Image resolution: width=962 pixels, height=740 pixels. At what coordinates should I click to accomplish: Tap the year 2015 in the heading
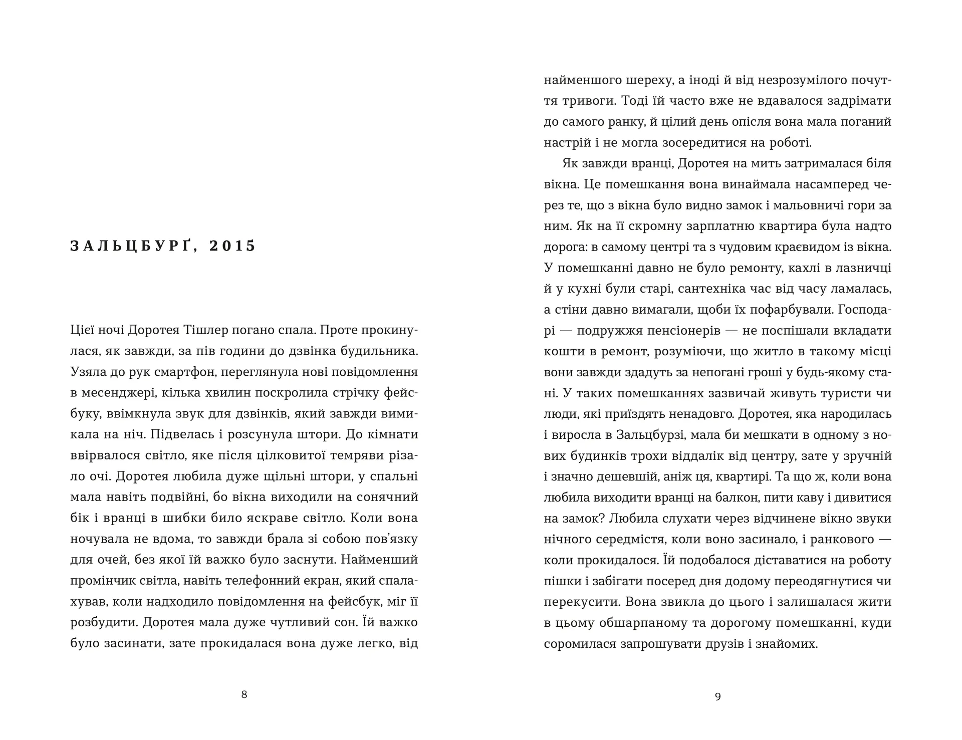(x=232, y=246)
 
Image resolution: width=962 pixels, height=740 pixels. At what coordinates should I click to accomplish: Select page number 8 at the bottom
(x=244, y=694)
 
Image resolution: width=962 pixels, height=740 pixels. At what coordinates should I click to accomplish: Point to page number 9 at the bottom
(x=717, y=696)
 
